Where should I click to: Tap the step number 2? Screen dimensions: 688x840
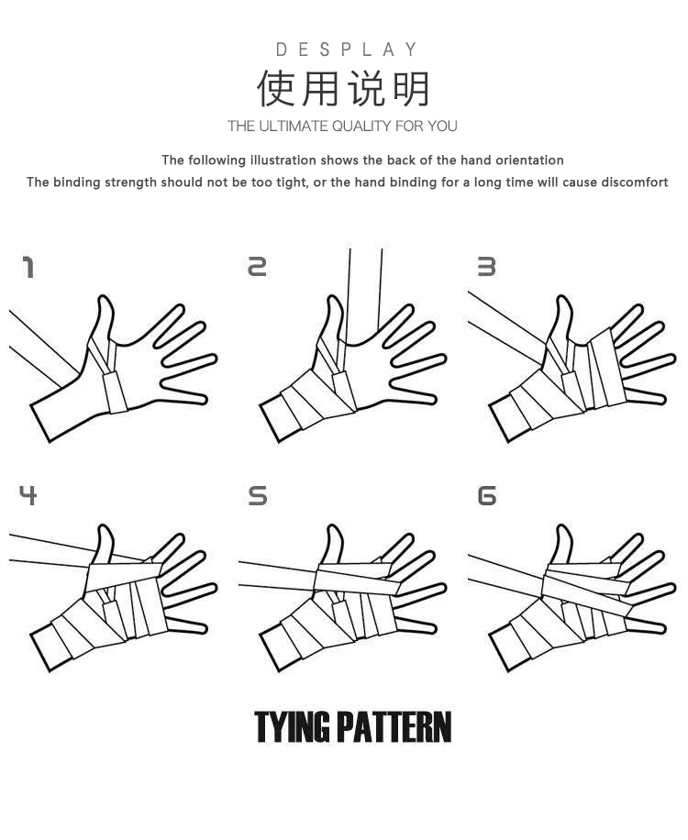click(257, 267)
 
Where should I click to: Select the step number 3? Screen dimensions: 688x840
click(486, 267)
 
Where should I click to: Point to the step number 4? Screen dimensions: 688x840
click(28, 495)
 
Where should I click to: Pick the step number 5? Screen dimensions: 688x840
click(258, 496)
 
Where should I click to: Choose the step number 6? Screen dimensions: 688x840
click(487, 496)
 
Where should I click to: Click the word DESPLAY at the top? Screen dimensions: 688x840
click(346, 50)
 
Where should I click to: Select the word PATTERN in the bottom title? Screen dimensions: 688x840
click(394, 727)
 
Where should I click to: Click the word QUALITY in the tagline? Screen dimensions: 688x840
click(361, 127)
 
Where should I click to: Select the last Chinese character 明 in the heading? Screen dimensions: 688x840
click(412, 88)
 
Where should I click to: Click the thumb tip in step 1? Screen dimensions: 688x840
click(104, 297)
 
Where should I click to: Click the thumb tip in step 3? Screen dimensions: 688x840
click(562, 297)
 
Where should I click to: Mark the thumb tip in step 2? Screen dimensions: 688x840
click(333, 297)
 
